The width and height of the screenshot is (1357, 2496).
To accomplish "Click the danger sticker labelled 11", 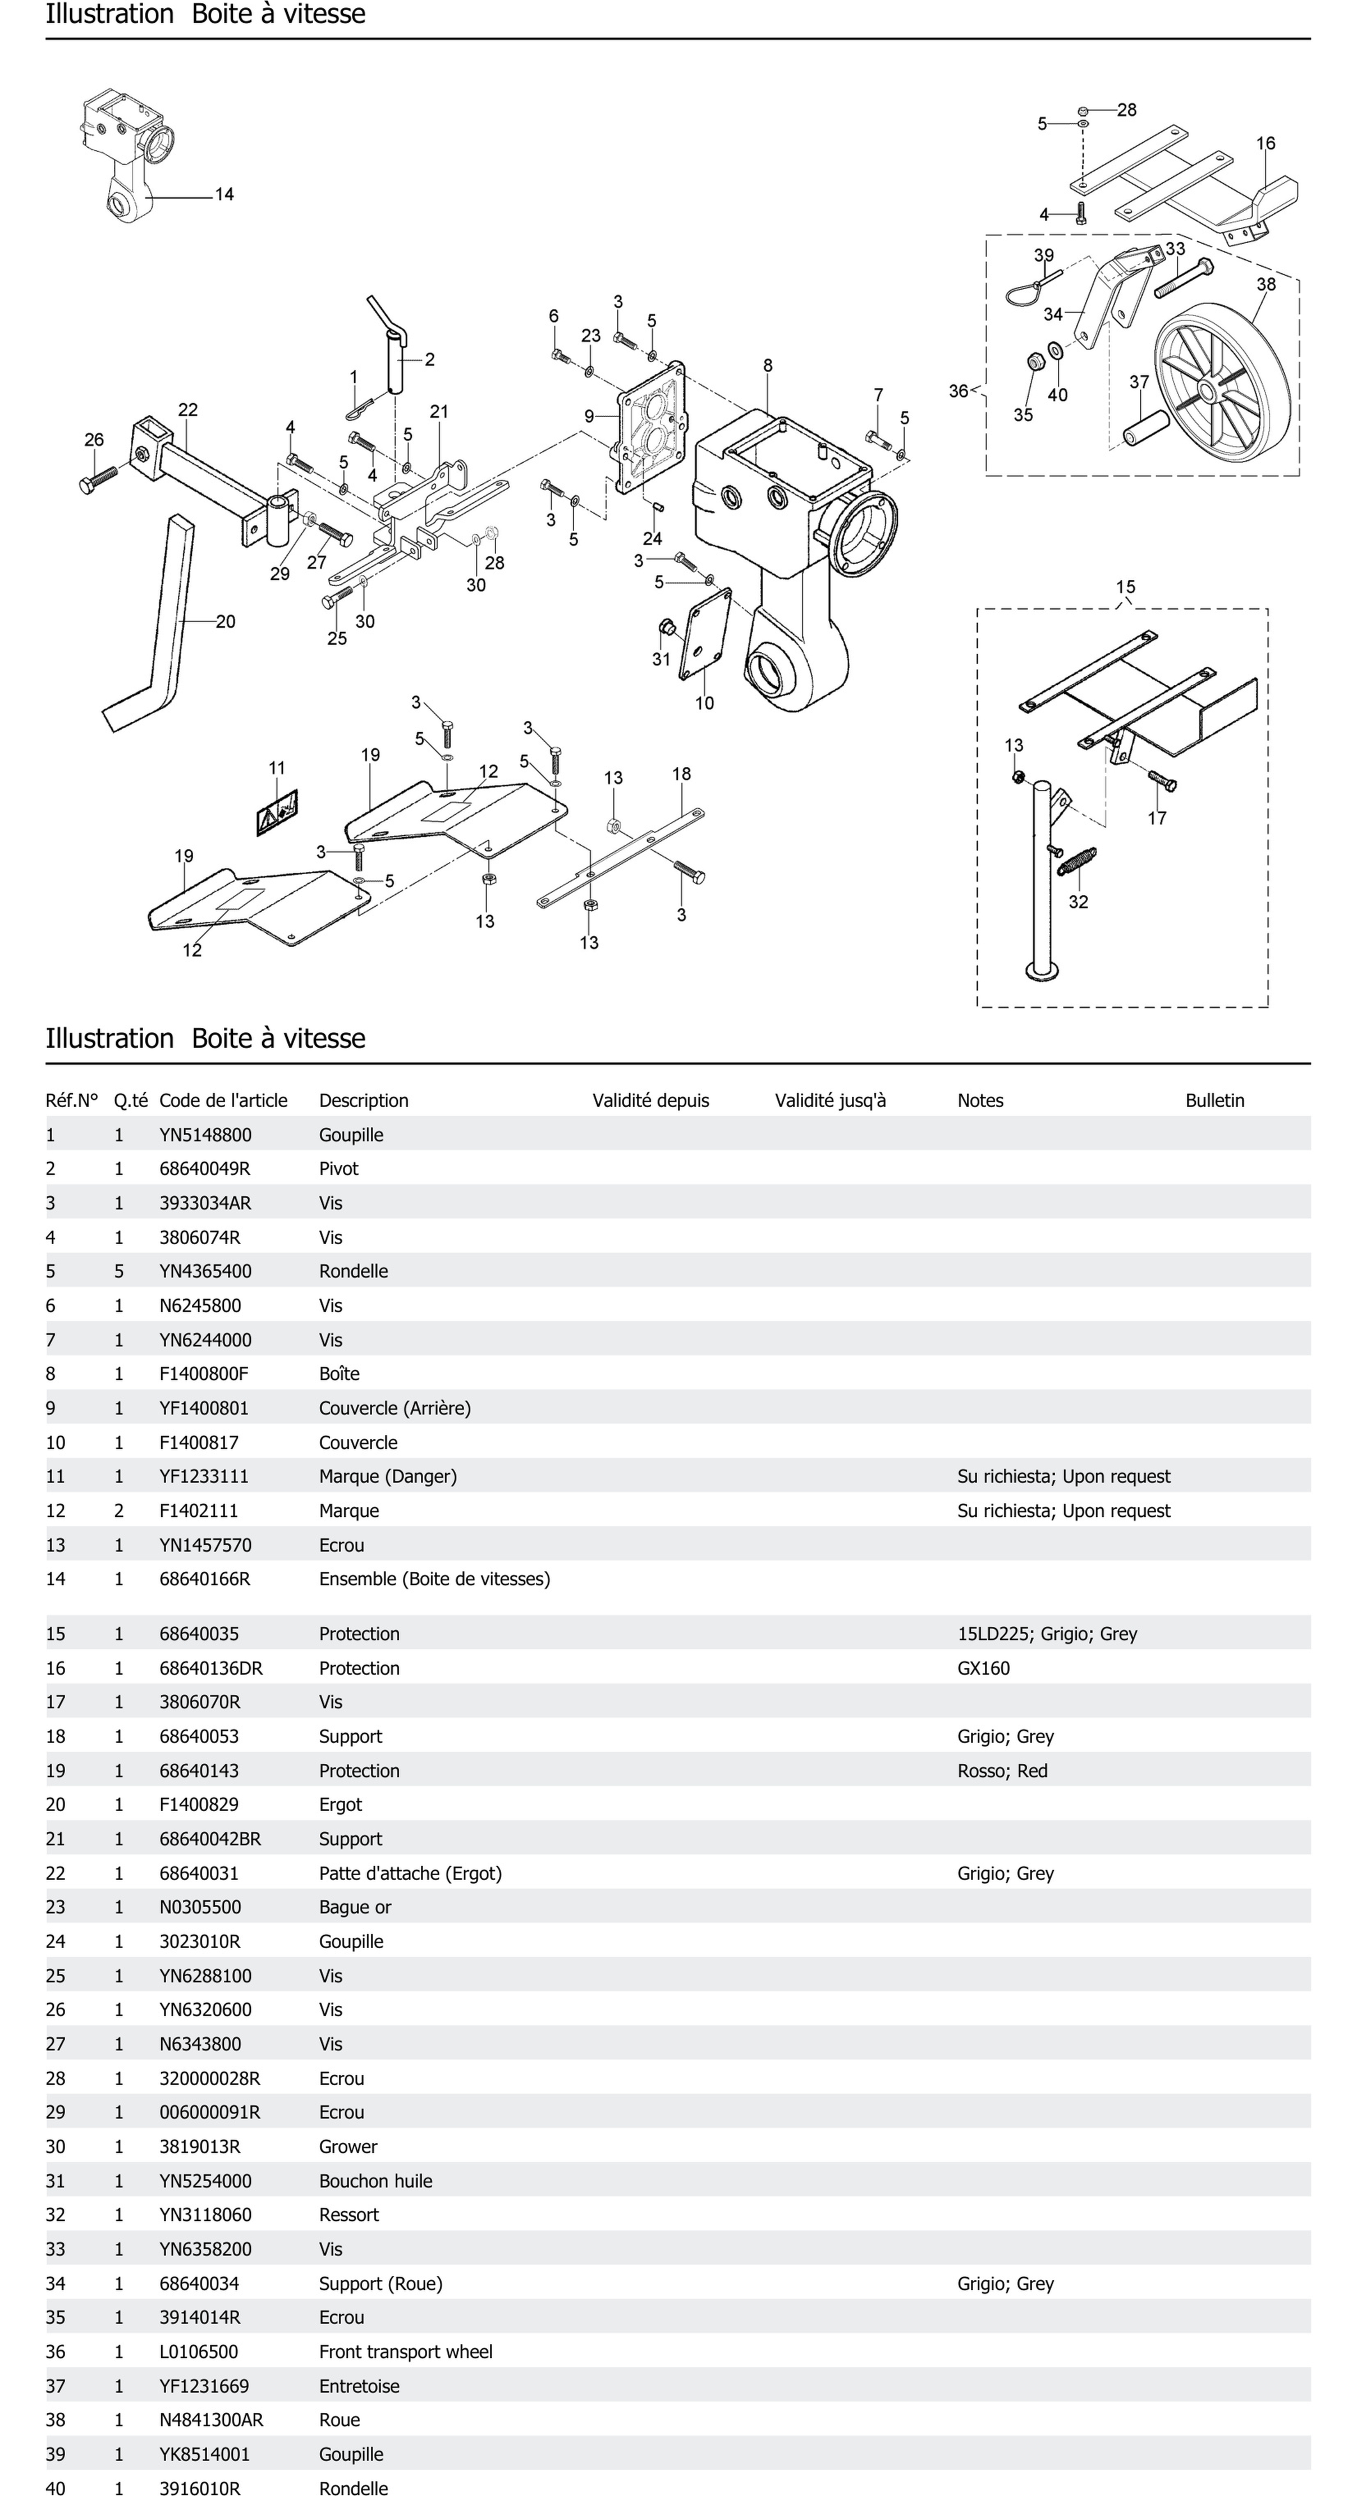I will pyautogui.click(x=277, y=812).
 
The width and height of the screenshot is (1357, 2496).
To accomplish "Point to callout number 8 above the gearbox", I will pyautogui.click(x=768, y=365).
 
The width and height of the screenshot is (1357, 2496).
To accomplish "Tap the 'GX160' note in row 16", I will pyautogui.click(x=983, y=1668).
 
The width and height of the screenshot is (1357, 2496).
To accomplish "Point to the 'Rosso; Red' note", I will pyautogui.click(x=1002, y=1770).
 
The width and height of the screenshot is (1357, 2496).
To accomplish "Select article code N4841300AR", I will pyautogui.click(x=210, y=2419).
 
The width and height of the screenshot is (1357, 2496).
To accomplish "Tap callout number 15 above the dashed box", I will pyautogui.click(x=1124, y=587).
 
